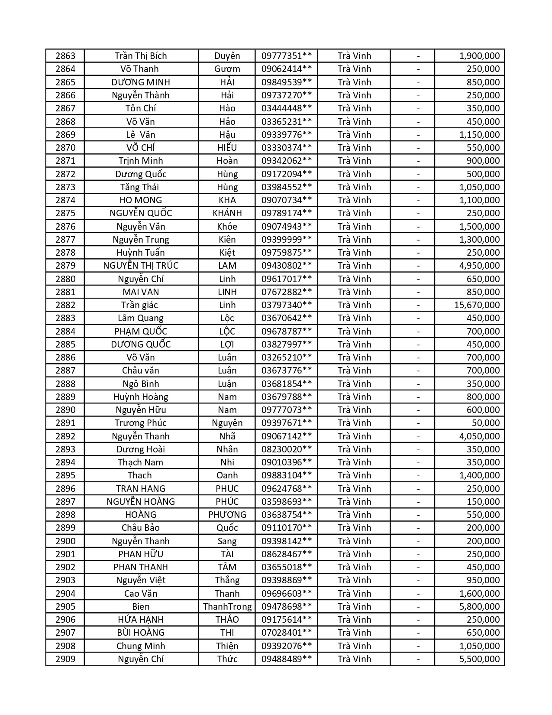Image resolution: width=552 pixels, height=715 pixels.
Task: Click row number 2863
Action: pos(65,56)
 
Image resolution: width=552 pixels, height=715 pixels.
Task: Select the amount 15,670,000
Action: pos(477,305)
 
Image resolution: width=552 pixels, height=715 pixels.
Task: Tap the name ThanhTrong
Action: pos(227,607)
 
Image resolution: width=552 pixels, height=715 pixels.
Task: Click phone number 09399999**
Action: pos(286,240)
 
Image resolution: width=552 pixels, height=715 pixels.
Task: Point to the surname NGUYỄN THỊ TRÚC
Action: pos(141,266)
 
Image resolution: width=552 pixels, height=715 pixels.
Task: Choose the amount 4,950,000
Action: pos(479,266)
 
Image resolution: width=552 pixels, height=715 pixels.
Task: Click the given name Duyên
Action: pos(227,56)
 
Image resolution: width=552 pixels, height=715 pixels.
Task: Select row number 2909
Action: pos(65,659)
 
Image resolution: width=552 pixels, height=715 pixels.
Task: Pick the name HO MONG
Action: pos(141,200)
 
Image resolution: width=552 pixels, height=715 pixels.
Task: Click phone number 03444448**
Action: pos(286,108)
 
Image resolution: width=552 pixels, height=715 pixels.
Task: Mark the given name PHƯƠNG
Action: pos(227,515)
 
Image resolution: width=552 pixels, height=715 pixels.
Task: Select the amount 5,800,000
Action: pos(479,607)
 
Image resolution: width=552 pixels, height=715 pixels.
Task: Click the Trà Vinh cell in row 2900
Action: pos(354,541)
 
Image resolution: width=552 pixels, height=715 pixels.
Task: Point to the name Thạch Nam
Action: pos(141,462)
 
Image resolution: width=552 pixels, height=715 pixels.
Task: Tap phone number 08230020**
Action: pos(286,449)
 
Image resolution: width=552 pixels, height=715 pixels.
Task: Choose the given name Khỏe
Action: pos(227,227)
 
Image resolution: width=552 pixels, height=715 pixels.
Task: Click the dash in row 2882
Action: pos(418,305)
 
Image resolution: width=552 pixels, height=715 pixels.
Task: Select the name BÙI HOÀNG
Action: pos(141,633)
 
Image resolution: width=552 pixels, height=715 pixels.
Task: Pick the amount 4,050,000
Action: pos(479,436)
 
